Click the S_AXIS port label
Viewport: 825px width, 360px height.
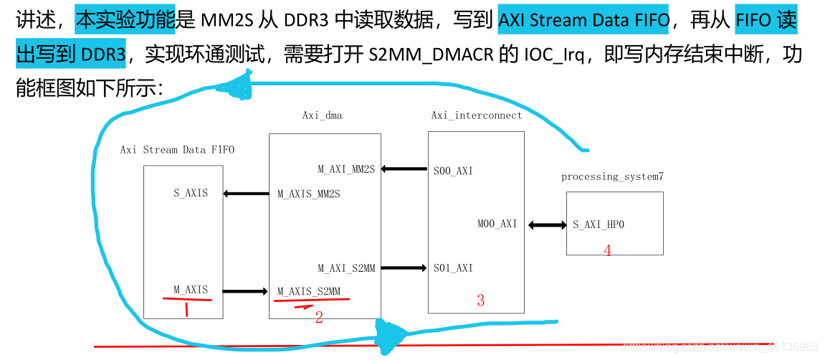coord(191,193)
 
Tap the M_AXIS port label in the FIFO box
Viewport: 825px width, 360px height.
coord(191,290)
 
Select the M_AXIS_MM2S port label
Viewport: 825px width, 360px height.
coord(308,194)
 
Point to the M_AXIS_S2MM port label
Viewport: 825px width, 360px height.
coord(308,291)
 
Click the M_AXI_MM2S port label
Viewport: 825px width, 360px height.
coord(346,169)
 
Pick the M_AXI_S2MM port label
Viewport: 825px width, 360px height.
coord(346,268)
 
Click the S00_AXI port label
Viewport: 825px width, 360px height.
coord(453,171)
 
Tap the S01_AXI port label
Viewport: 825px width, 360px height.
coord(453,268)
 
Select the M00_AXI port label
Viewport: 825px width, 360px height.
coord(497,224)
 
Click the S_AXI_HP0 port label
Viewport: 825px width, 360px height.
coord(599,224)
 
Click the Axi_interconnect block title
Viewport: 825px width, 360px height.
coord(477,115)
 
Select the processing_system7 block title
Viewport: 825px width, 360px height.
coord(612,176)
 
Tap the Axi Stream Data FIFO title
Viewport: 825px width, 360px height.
coord(177,150)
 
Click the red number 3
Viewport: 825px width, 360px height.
coord(480,301)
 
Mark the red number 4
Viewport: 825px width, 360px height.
coord(607,250)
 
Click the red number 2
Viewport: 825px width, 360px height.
coord(319,317)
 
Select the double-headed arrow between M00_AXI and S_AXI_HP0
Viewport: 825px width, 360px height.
coord(548,224)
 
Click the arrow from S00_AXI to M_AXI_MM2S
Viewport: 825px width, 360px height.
coord(404,169)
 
